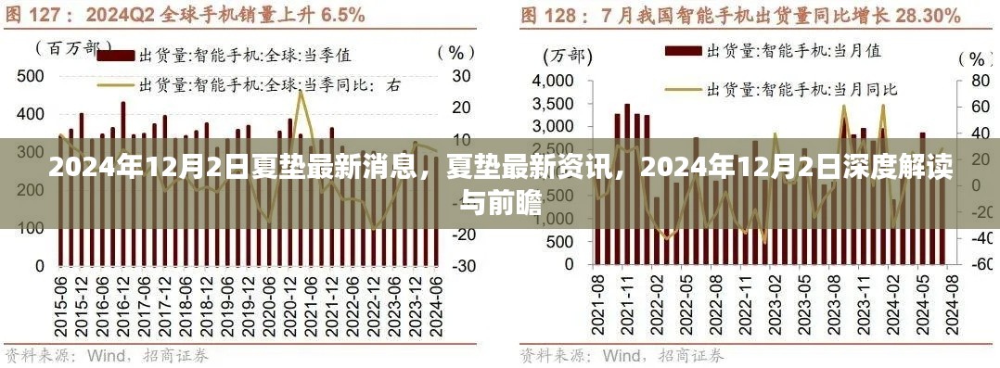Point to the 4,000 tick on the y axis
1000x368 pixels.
click(x=555, y=82)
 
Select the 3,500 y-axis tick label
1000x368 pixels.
click(x=555, y=105)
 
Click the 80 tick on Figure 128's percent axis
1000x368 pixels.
click(x=977, y=82)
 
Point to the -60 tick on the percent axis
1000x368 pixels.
click(x=977, y=264)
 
